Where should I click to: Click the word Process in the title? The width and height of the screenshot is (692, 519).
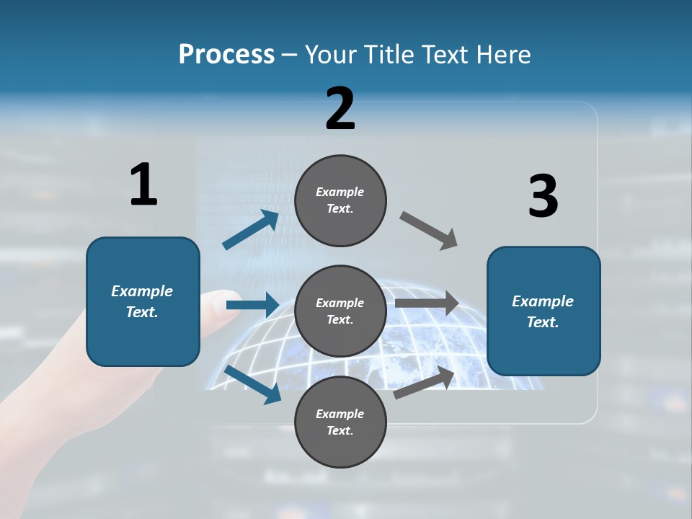pyautogui.click(x=226, y=55)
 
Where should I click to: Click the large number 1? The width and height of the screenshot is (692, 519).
pyautogui.click(x=143, y=185)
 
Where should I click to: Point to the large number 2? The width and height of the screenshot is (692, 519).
pyautogui.click(x=340, y=109)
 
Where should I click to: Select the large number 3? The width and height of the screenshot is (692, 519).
pyautogui.click(x=543, y=196)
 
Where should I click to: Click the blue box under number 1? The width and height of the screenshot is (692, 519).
pyautogui.click(x=143, y=301)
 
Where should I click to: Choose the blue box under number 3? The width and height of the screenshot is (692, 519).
pyautogui.click(x=544, y=311)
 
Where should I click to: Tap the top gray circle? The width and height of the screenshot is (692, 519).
pyautogui.click(x=340, y=200)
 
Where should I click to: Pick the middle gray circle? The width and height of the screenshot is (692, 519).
pyautogui.click(x=340, y=311)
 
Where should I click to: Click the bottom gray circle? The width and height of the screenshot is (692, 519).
pyautogui.click(x=340, y=422)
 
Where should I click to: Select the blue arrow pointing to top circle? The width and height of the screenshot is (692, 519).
pyautogui.click(x=251, y=230)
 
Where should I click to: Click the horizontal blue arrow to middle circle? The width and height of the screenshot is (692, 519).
pyautogui.click(x=252, y=305)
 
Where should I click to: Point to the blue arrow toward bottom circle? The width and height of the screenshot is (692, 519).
pyautogui.click(x=252, y=383)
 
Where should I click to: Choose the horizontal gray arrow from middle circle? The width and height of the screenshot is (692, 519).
pyautogui.click(x=427, y=303)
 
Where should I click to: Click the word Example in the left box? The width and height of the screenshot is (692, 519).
pyautogui.click(x=142, y=291)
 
